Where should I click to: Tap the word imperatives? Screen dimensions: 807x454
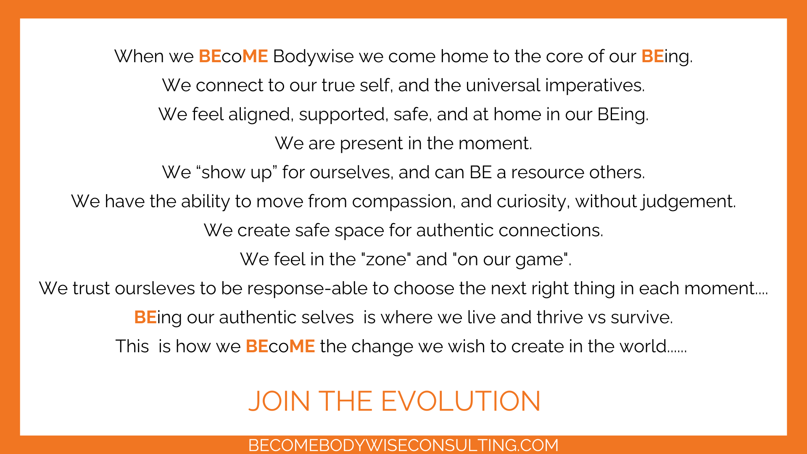click(x=595, y=86)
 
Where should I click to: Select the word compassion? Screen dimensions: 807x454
click(x=404, y=202)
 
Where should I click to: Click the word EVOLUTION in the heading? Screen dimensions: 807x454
click(x=461, y=401)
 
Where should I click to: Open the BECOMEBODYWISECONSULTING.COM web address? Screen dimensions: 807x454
click(x=403, y=445)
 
